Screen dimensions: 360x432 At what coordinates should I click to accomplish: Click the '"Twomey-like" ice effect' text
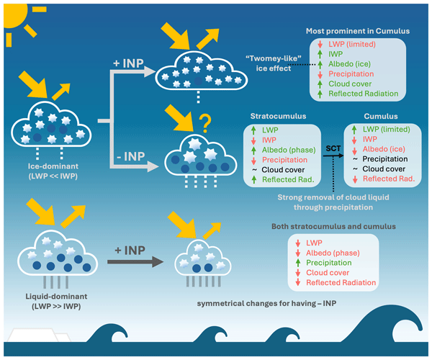point(267,64)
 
